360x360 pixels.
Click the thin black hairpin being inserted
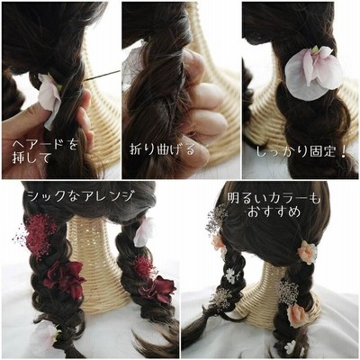tap(102, 76)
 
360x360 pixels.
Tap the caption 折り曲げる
tap(162, 149)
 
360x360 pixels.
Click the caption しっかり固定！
tap(301, 152)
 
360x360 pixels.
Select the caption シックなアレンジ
tap(80, 195)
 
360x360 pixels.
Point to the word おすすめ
tap(274, 211)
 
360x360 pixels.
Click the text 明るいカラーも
tap(274, 198)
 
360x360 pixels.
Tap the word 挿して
tap(31, 157)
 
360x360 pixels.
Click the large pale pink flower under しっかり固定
tap(313, 73)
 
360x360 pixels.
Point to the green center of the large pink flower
tap(315, 49)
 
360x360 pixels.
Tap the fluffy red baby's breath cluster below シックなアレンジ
tap(38, 235)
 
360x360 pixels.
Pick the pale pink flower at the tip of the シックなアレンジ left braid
tap(47, 335)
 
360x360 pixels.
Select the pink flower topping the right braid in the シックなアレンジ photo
tap(145, 231)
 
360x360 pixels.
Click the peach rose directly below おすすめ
tap(308, 251)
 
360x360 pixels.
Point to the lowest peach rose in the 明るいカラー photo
tap(297, 314)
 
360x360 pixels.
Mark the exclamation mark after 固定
tap(344, 152)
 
